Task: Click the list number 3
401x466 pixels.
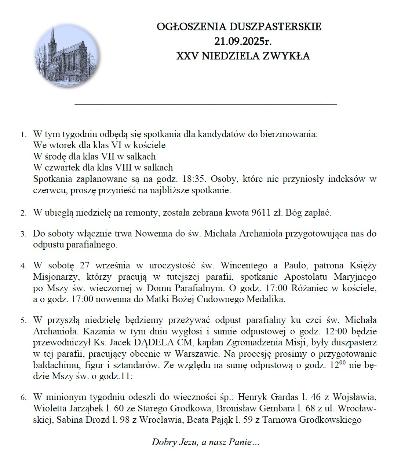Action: (23, 234)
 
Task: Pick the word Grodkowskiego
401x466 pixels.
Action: (330, 420)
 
